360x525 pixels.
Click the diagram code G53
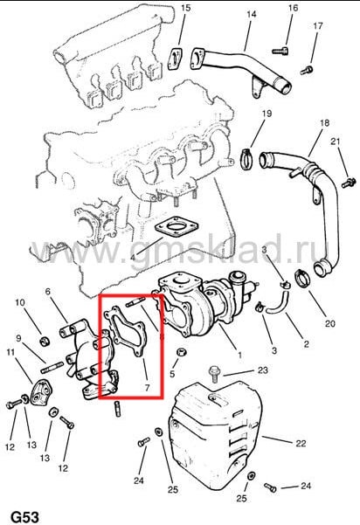coord(25,516)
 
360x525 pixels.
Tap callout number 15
coord(185,8)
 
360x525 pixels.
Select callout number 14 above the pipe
coord(251,14)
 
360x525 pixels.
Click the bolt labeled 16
coord(280,52)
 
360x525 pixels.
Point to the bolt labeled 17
coord(307,70)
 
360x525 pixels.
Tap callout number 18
coord(324,123)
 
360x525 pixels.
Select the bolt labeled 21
coord(349,183)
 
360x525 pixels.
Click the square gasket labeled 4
coord(177,227)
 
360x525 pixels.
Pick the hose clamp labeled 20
coord(302,278)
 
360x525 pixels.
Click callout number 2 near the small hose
coord(306,344)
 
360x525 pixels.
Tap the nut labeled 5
coord(182,352)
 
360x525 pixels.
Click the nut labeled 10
coord(45,342)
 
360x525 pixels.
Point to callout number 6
coord(47,292)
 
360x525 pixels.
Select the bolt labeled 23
coord(213,373)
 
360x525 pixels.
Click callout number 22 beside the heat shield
coord(301,443)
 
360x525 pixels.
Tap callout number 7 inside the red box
coord(147,388)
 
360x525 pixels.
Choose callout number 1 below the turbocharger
coord(239,355)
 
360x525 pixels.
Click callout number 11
coord(10,352)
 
